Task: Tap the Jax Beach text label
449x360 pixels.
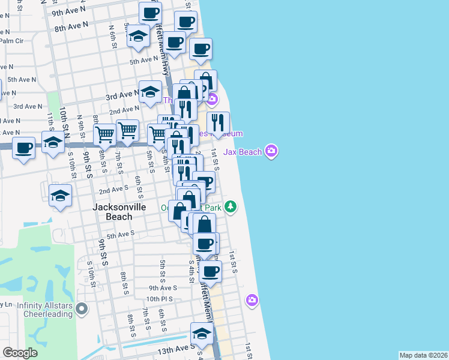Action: pyautogui.click(x=243, y=152)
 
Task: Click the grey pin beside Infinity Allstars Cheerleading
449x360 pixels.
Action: pyautogui.click(x=83, y=310)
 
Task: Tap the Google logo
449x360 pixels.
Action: pyautogui.click(x=20, y=353)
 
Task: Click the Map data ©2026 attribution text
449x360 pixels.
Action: pyautogui.click(x=423, y=355)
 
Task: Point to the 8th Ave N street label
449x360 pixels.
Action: pyautogui.click(x=71, y=26)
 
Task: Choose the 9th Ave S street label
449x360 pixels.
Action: pyautogui.click(x=163, y=288)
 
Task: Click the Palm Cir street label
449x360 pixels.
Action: pyautogui.click(x=11, y=41)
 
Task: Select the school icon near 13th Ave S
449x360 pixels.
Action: pyautogui.click(x=202, y=334)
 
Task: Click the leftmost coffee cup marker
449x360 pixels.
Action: pyautogui.click(x=24, y=148)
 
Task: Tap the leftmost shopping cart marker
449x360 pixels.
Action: pyautogui.click(x=104, y=134)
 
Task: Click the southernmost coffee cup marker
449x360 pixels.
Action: pyautogui.click(x=211, y=271)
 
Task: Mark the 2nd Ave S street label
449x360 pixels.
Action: pyautogui.click(x=112, y=190)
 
